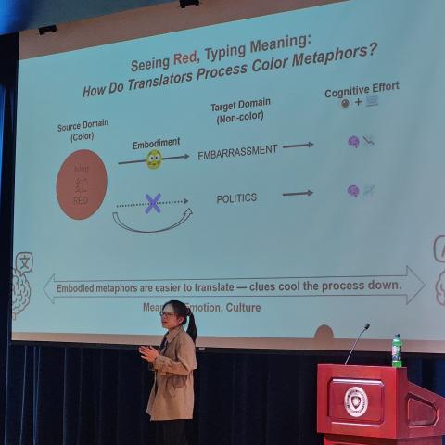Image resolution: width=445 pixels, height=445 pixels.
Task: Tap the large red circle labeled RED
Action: [x=82, y=184]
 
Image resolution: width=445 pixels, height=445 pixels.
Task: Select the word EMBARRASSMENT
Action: [x=237, y=151]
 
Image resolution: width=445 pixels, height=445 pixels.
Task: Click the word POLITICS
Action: [x=236, y=197]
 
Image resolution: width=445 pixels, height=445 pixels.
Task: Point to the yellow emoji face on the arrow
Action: [x=154, y=159]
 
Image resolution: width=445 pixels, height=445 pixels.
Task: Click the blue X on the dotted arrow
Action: [x=153, y=203]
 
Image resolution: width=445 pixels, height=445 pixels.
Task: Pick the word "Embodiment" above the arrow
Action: [x=156, y=143]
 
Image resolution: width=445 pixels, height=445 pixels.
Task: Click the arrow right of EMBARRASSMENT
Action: [x=298, y=146]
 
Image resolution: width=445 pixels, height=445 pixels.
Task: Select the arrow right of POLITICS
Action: [x=298, y=193]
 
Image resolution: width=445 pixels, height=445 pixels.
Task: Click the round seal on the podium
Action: [x=356, y=400]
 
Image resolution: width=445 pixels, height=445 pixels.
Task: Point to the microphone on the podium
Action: [x=358, y=341]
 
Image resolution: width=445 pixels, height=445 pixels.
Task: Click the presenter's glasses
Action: [x=167, y=315]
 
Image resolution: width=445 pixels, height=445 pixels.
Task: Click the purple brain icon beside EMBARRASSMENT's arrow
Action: [x=353, y=142]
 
